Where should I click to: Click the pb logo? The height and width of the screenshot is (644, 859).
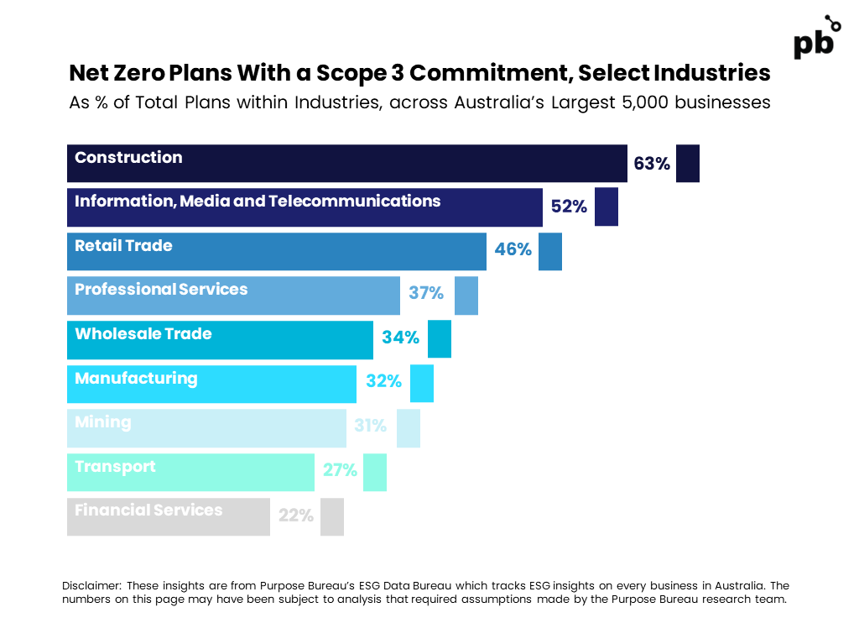tap(817, 37)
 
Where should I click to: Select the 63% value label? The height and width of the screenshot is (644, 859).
tap(651, 164)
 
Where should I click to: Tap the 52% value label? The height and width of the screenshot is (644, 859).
tap(569, 207)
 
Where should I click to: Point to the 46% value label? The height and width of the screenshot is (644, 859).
tap(513, 249)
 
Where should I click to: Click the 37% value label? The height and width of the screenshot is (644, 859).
tap(425, 293)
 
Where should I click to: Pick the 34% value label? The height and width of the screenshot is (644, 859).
tap(400, 337)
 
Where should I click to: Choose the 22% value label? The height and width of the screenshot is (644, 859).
tap(296, 515)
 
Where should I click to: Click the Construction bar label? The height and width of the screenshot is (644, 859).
tap(128, 158)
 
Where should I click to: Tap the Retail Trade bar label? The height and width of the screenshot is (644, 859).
tap(123, 245)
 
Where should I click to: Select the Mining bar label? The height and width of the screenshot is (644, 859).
tap(103, 421)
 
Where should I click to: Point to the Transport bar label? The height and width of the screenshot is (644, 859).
tap(115, 467)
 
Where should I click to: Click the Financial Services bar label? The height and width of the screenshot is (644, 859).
tap(148, 510)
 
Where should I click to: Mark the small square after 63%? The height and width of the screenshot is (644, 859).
tap(688, 164)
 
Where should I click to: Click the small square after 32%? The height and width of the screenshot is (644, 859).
tap(422, 384)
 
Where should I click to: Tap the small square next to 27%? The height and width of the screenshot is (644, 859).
tap(375, 473)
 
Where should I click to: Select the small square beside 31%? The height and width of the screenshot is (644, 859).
tap(409, 428)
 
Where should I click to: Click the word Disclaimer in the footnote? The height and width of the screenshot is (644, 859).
tap(91, 586)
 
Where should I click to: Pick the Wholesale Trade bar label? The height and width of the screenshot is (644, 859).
tap(143, 333)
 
